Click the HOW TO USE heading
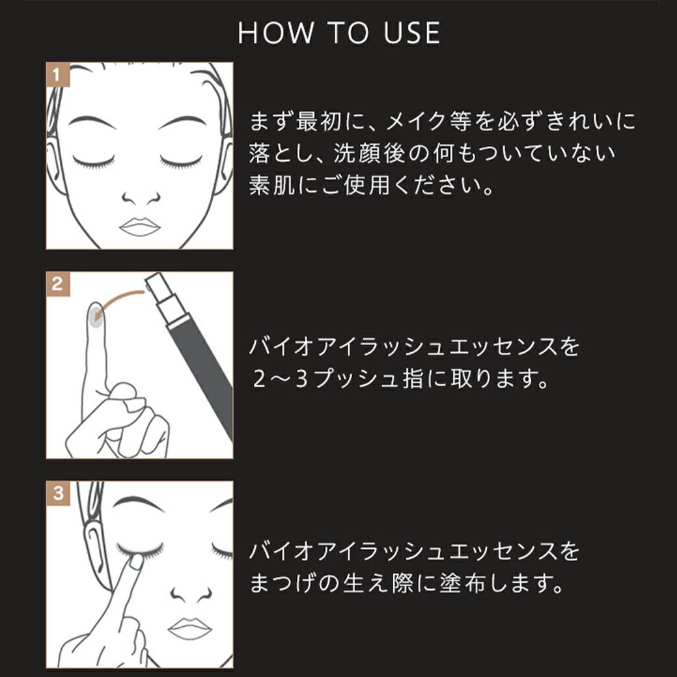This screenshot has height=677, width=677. click(338, 33)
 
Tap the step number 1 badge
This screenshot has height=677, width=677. click(57, 74)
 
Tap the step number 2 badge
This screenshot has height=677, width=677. click(57, 284)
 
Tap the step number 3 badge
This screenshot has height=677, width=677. click(57, 493)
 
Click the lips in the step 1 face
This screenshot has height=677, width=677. click(139, 226)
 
